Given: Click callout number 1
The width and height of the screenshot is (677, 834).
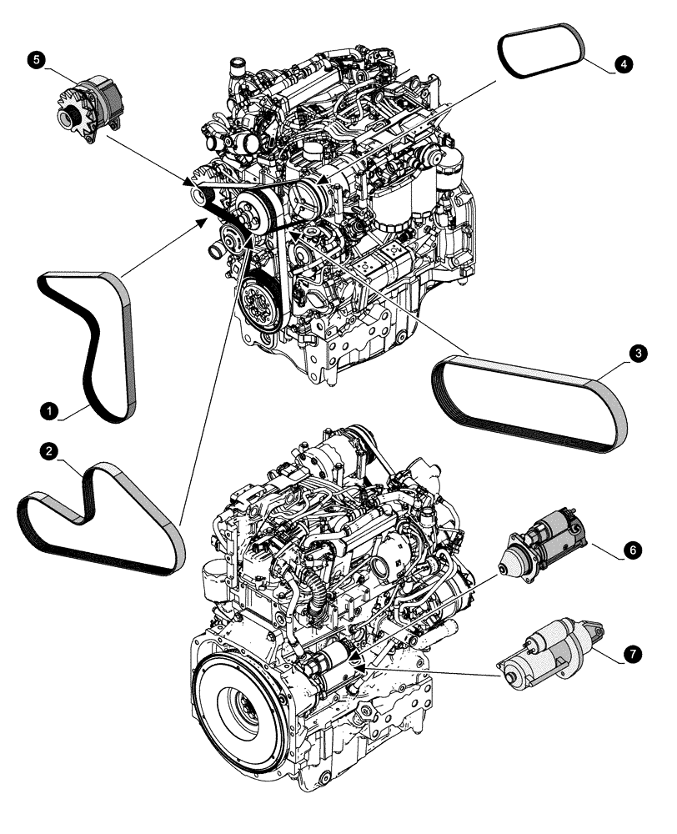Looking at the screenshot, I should pyautogui.click(x=50, y=410).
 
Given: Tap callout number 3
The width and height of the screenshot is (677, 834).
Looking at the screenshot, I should pyautogui.click(x=637, y=354).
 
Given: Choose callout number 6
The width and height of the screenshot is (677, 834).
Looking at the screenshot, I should pyautogui.click(x=633, y=551).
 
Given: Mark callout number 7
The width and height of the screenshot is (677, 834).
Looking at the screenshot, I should pyautogui.click(x=634, y=655).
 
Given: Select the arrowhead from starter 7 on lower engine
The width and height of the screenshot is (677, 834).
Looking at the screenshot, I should pyautogui.click(x=357, y=661).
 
